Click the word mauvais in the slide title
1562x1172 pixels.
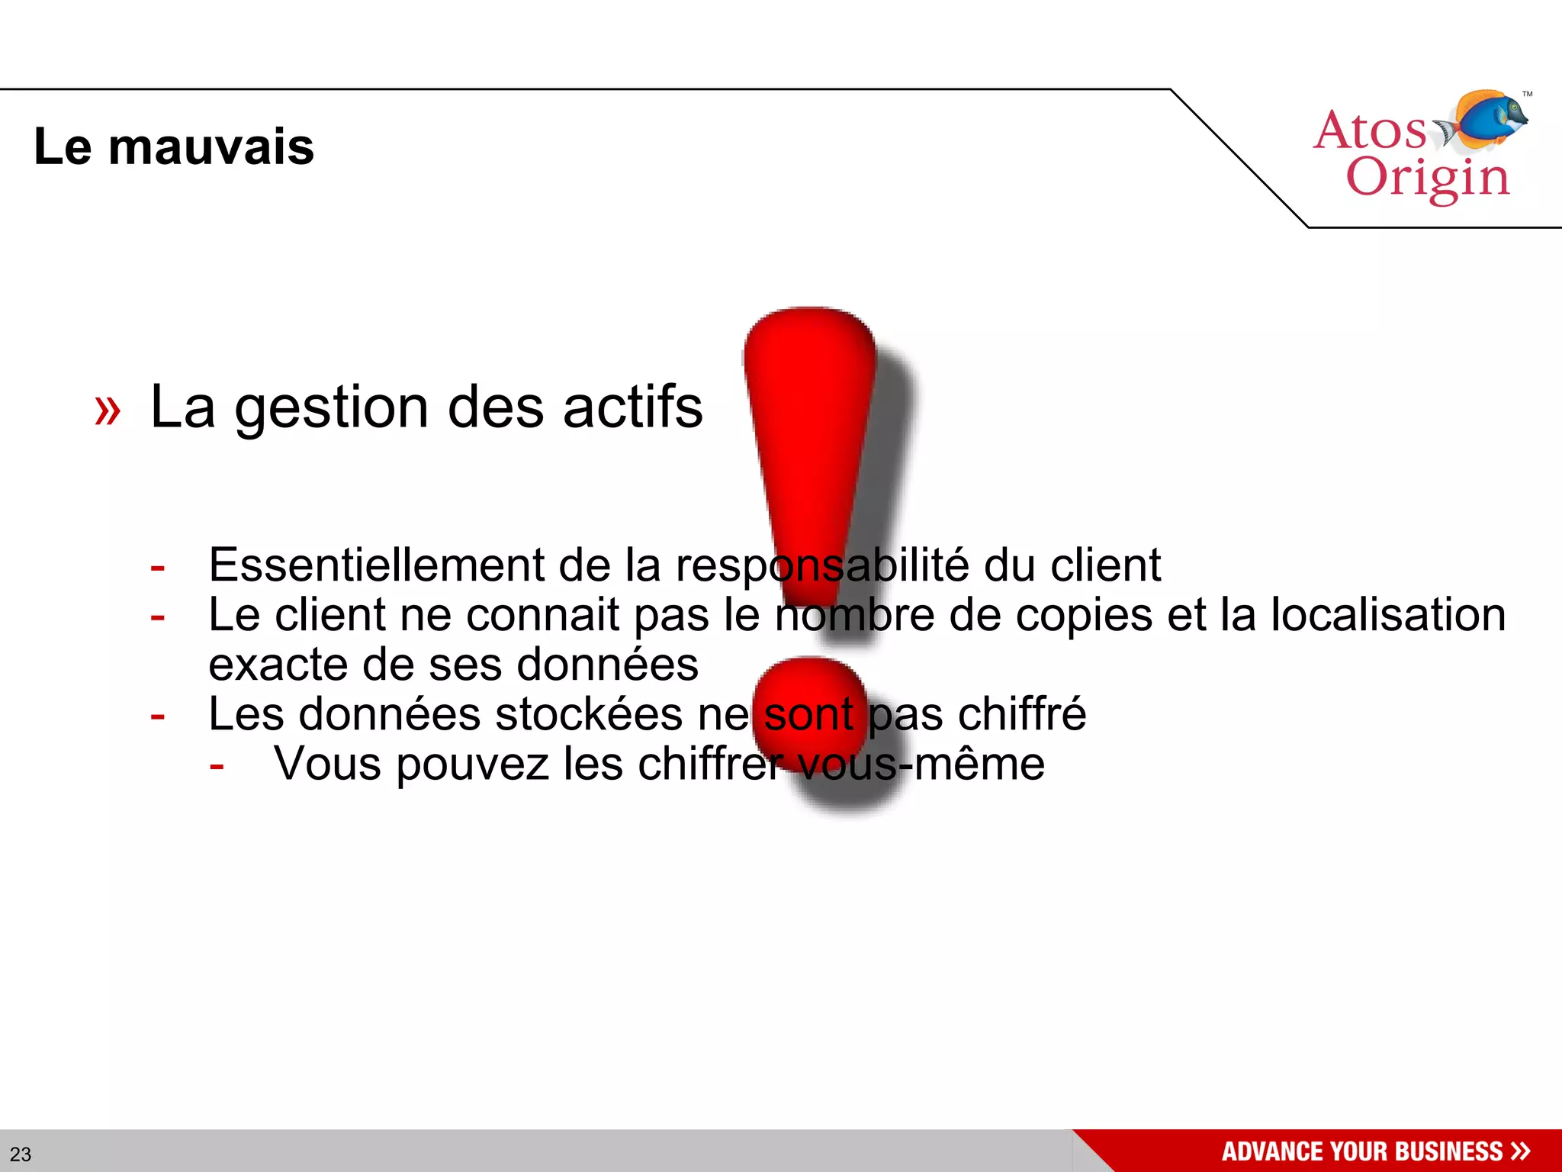tap(211, 146)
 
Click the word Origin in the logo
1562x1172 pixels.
tap(1428, 177)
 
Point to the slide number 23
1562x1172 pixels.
tap(21, 1154)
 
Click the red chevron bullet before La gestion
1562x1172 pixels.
tap(108, 410)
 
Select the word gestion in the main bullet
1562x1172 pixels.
tap(331, 408)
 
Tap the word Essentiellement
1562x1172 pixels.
tap(377, 565)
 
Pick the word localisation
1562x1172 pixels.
tap(1388, 615)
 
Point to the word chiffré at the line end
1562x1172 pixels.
tap(1021, 714)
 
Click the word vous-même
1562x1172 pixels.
tap(921, 764)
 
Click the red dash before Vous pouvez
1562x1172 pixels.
tap(217, 765)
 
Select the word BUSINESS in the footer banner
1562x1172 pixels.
tap(1448, 1151)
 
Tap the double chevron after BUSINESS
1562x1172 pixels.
tap(1521, 1151)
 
